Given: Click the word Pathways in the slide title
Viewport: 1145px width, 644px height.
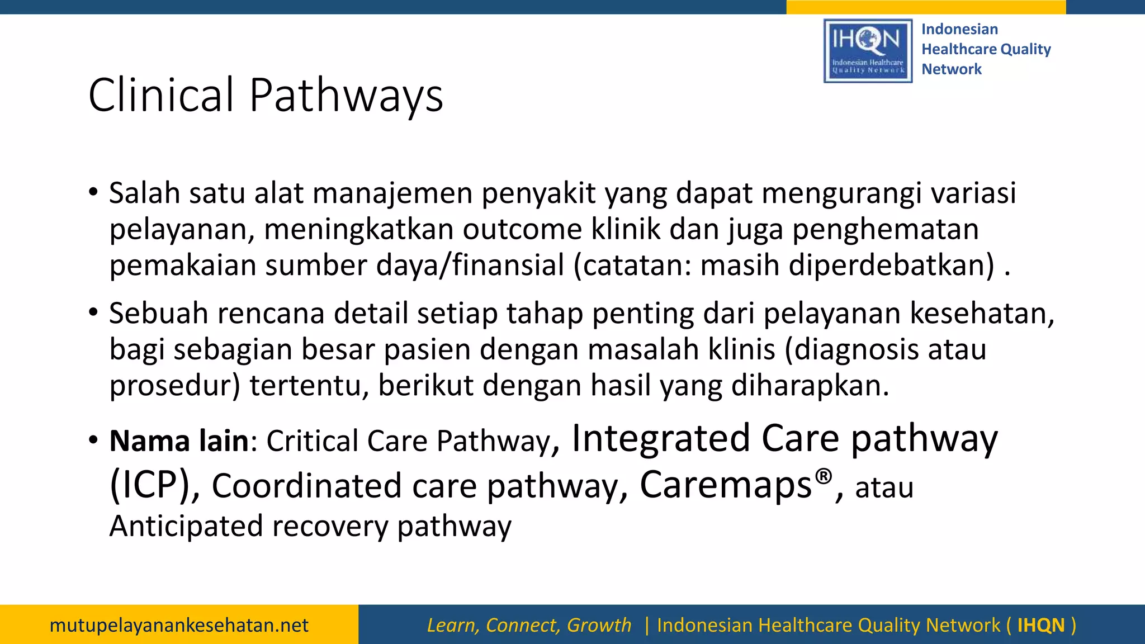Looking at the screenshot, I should tap(346, 95).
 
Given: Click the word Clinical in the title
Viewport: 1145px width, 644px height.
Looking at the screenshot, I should tap(161, 95).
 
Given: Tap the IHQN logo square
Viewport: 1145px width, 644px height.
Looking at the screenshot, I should tap(868, 51).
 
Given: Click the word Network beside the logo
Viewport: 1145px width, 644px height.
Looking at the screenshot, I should tap(951, 69).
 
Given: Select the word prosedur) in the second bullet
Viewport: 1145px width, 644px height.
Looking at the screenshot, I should tap(174, 386).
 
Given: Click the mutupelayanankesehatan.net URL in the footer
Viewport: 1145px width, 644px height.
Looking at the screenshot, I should tap(179, 625).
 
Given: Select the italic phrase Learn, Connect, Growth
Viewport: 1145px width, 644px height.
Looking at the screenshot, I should tap(529, 625).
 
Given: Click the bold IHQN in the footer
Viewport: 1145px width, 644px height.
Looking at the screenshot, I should tap(1040, 625).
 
